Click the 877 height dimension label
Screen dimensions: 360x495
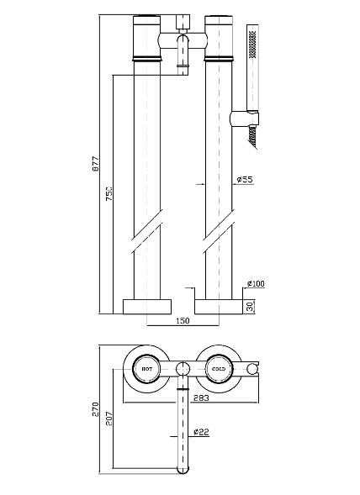pyautogui.click(x=95, y=164)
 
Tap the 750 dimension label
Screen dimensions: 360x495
pyautogui.click(x=109, y=193)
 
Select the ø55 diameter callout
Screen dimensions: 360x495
pyautogui.click(x=245, y=179)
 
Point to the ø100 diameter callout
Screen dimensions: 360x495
pyautogui.click(x=256, y=283)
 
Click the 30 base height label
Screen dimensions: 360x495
pyautogui.click(x=250, y=307)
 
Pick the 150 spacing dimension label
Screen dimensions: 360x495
pyautogui.click(x=183, y=321)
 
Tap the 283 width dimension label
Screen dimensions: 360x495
pyautogui.click(x=201, y=398)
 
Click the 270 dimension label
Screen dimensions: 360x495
pyautogui.click(x=95, y=409)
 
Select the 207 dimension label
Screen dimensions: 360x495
pyautogui.click(x=109, y=419)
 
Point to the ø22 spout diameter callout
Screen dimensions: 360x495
pyautogui.click(x=201, y=431)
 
